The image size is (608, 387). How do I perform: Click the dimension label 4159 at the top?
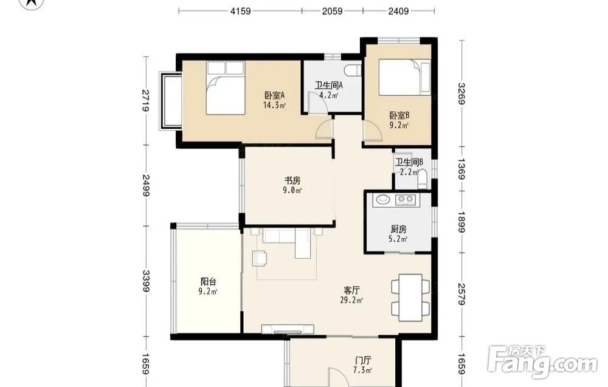[240, 11]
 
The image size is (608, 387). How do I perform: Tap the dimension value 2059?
[333, 11]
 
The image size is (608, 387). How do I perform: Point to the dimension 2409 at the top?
[399, 11]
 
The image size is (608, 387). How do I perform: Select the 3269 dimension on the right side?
[461, 94]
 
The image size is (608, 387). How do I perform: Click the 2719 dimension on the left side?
[146, 100]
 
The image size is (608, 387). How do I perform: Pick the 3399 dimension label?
[146, 281]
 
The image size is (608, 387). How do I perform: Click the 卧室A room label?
[275, 95]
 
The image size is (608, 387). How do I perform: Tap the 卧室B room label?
[399, 115]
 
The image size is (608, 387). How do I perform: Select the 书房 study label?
[293, 180]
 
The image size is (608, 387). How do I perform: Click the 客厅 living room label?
[352, 290]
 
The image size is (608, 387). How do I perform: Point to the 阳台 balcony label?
[208, 281]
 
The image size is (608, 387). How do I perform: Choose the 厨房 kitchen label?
[398, 229]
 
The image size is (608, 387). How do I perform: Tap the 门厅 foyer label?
[363, 360]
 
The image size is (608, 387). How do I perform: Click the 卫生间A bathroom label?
[328, 85]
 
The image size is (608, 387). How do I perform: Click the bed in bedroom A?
[226, 87]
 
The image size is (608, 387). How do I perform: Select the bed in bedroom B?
[404, 77]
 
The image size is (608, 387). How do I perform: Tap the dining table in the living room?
[410, 298]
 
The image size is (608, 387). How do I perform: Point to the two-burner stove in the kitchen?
[405, 199]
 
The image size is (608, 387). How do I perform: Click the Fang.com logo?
[542, 361]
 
